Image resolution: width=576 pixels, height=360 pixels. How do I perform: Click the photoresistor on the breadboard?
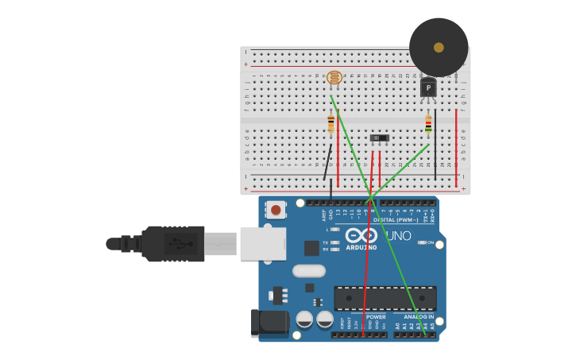(334, 77)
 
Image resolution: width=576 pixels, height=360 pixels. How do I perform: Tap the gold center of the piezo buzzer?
(439, 48)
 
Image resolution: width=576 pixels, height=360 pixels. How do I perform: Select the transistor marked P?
(428, 87)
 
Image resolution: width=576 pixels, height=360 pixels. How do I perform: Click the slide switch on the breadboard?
(380, 138)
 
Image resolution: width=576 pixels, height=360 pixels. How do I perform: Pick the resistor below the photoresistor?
(331, 123)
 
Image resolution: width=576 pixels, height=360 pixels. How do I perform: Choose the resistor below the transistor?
(428, 124)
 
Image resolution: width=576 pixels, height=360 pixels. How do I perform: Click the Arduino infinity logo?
(361, 235)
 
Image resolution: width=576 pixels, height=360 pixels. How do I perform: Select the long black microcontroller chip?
(385, 298)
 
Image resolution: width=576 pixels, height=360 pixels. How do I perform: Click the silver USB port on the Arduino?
(261, 243)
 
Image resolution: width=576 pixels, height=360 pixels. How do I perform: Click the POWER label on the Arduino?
(376, 316)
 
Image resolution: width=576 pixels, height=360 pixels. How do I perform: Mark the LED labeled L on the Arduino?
(334, 230)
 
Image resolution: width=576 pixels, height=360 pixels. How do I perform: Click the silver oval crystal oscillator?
(309, 271)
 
